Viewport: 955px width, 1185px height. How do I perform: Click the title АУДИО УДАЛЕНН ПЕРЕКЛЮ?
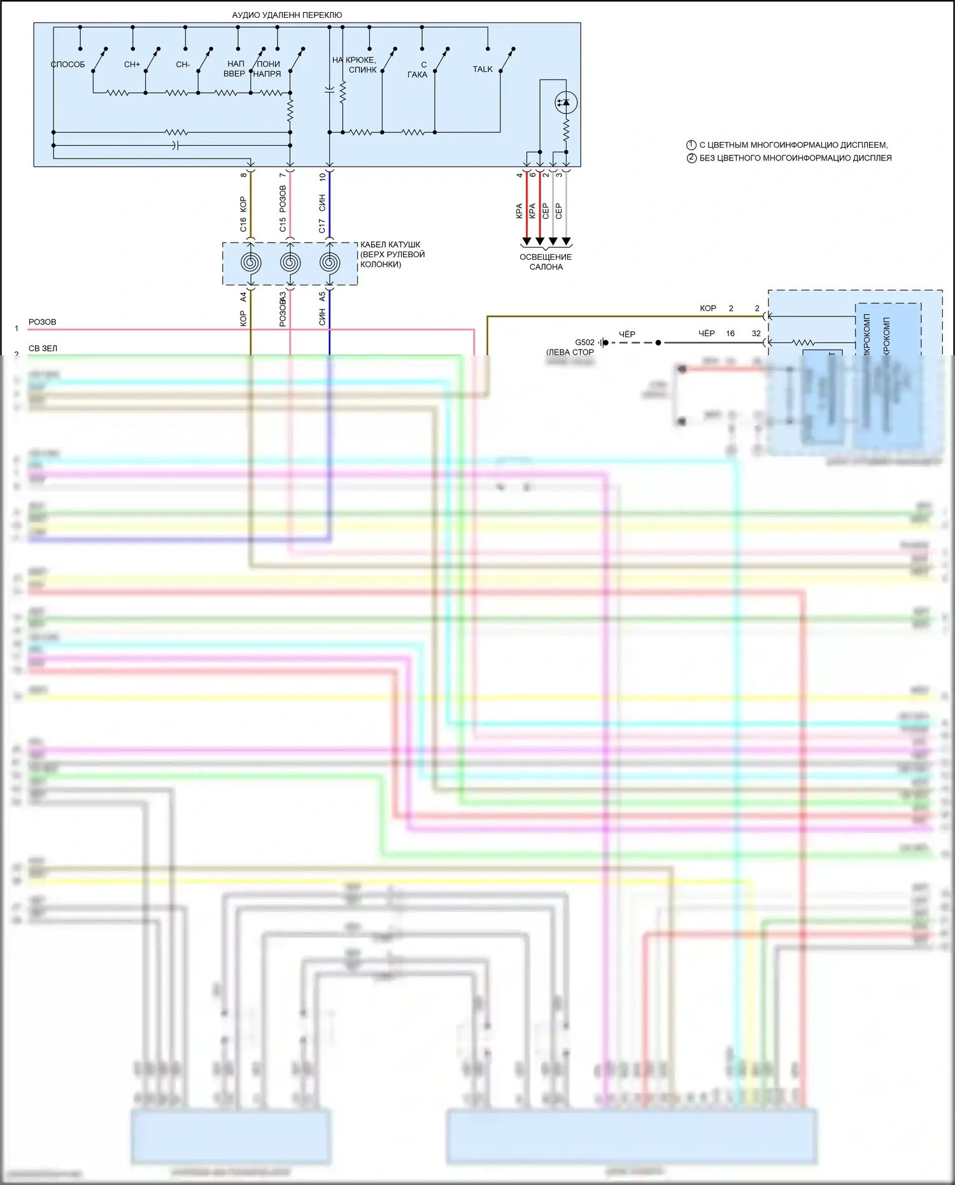click(x=286, y=15)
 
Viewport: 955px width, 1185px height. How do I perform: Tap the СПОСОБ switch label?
click(x=67, y=64)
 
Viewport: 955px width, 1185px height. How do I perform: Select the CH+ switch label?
click(x=132, y=64)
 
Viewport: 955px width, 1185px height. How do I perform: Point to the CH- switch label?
click(x=183, y=64)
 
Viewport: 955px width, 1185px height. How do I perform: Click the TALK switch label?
click(x=483, y=69)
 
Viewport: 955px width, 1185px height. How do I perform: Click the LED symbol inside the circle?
click(x=565, y=103)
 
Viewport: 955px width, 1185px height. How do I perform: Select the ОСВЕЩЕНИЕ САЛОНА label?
click(x=546, y=262)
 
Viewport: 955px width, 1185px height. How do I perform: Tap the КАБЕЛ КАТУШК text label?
click(x=390, y=245)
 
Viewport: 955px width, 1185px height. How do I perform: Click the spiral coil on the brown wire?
click(x=251, y=262)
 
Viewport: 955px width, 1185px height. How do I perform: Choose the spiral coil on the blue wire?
click(x=329, y=262)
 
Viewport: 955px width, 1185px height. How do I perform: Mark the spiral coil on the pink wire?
click(x=290, y=262)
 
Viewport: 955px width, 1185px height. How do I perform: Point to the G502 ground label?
click(x=584, y=343)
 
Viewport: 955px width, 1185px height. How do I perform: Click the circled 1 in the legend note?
click(x=691, y=145)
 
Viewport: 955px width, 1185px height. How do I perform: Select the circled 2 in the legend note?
click(x=691, y=158)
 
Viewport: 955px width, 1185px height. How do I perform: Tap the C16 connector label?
click(x=243, y=225)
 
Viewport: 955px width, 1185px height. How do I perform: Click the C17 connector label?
click(x=322, y=225)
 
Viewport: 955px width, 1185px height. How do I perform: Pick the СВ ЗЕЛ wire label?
click(x=43, y=348)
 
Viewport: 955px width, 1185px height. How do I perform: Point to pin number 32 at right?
click(x=756, y=334)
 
